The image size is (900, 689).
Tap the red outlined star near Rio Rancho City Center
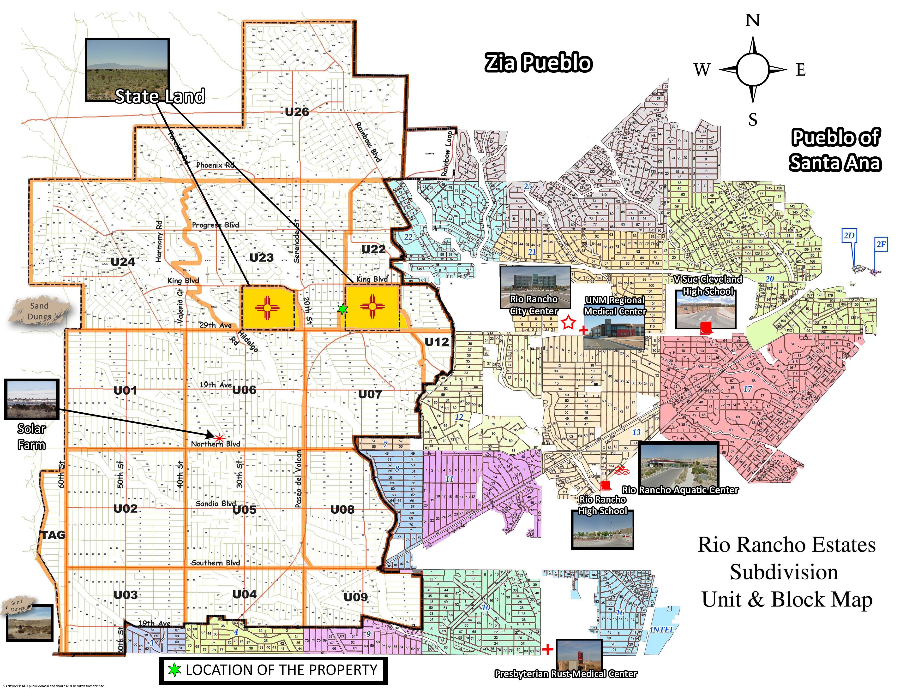568,322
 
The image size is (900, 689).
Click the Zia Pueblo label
538,63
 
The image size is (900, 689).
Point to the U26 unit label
297,112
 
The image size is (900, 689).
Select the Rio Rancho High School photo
603,530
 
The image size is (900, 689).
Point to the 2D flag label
849,236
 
